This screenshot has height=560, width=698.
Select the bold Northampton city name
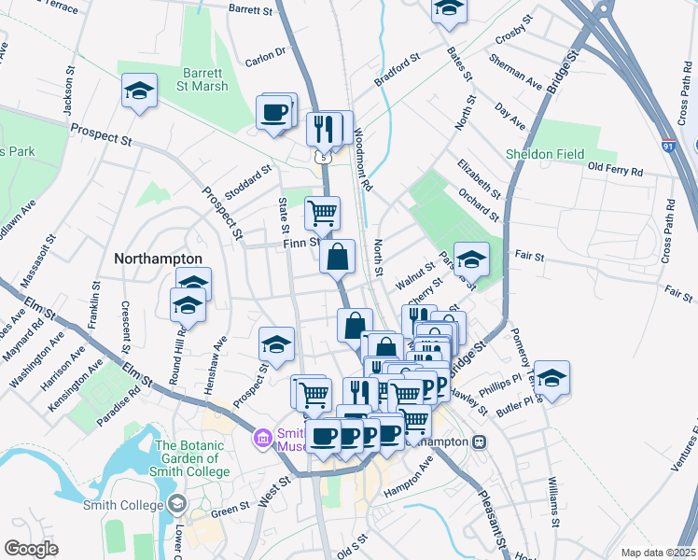pos(158,259)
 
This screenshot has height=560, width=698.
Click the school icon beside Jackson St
pos(139,91)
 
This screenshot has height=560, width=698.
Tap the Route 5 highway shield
pos(323,158)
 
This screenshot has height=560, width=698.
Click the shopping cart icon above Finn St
pos(322,212)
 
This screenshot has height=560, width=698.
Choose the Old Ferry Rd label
pos(615,171)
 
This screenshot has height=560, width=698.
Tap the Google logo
pos(32,549)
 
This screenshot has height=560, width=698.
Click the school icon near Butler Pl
pos(551,378)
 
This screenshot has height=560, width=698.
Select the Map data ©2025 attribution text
pos(658,553)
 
